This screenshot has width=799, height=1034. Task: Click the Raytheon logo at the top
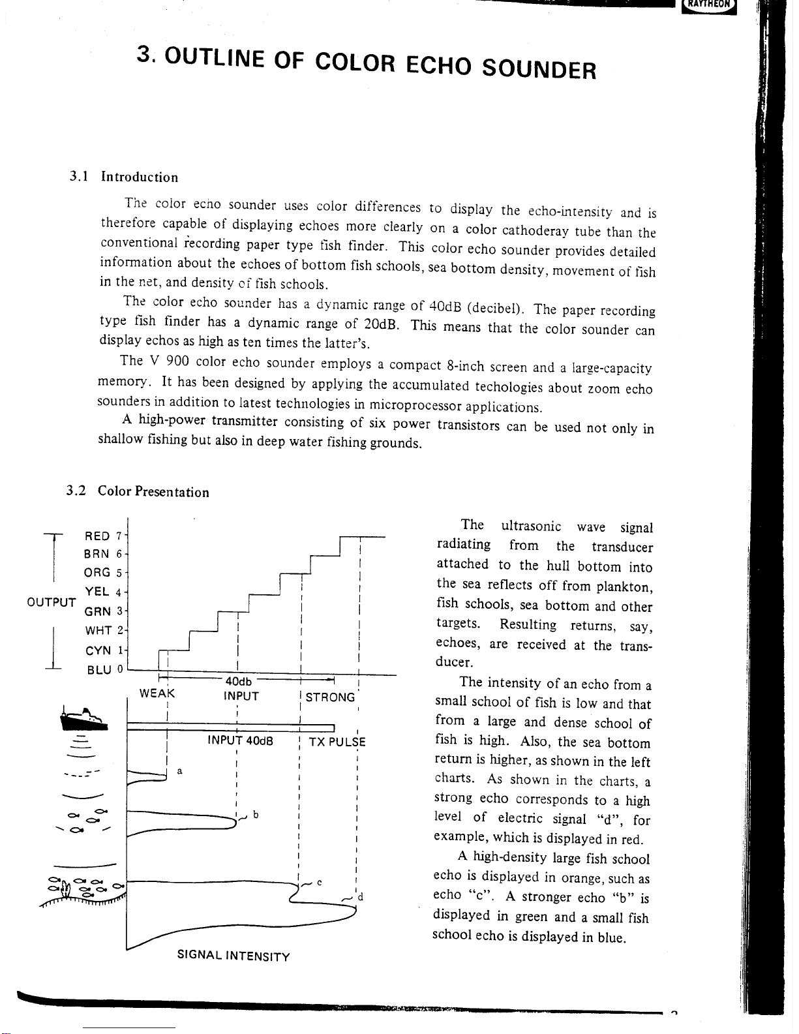coord(708,6)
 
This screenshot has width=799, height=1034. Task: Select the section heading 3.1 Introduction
coord(124,177)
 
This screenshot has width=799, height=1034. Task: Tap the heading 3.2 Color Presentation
coord(138,492)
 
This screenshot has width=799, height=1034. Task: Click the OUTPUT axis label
coord(52,601)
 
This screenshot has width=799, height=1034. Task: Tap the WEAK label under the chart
coord(157,693)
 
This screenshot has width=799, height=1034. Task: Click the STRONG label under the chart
coord(330,697)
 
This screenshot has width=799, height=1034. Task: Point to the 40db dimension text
coord(238,682)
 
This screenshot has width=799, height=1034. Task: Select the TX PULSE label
coord(337,742)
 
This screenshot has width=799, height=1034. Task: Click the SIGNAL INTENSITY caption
coord(234,956)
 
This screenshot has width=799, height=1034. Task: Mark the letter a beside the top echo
coord(179,771)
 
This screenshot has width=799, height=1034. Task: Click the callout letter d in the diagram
coord(360,896)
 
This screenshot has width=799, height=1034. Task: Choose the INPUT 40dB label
coord(240,740)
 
